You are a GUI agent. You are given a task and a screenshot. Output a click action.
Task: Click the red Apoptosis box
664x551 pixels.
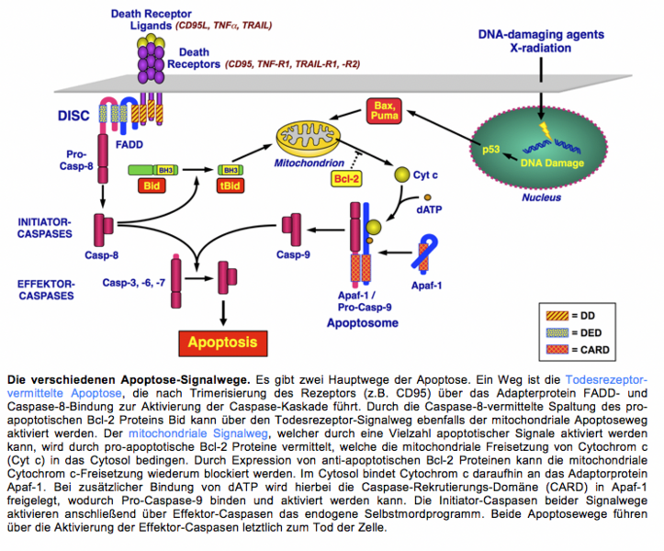224,343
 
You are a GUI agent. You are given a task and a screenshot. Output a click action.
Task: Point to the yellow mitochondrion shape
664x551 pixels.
318,139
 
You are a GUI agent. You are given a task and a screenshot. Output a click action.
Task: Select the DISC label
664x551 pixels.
72,116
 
